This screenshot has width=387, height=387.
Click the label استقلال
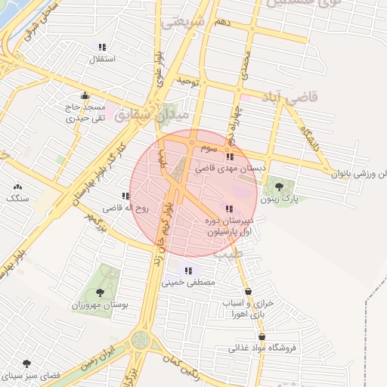coord(102,58)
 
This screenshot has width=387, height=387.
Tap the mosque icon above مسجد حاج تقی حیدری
coord(85,96)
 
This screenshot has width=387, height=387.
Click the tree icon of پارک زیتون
coord(279,187)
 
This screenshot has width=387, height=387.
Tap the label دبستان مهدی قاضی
coord(228,169)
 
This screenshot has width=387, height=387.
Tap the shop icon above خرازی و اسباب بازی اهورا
coord(248,291)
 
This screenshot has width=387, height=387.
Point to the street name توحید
coord(187,79)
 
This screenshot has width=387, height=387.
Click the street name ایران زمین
coord(99,354)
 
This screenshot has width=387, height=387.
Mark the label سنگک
coord(16,198)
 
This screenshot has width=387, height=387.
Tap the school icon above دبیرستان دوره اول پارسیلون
coord(228,209)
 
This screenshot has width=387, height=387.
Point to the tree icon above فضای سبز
coord(27,364)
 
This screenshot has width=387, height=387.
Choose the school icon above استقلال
coord(102,46)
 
